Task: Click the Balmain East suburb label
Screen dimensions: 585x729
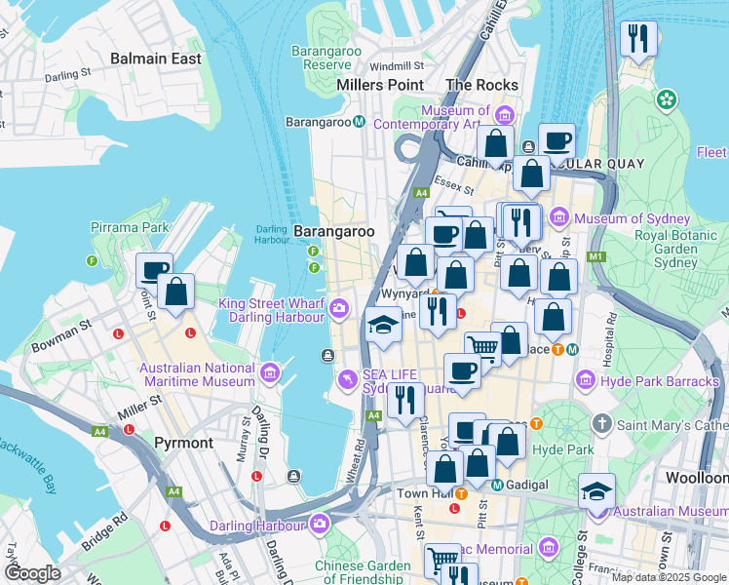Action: (156, 58)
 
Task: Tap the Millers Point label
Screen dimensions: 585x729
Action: (379, 85)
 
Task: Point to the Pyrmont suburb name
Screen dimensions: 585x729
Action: (183, 443)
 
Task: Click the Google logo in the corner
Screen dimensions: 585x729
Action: (32, 573)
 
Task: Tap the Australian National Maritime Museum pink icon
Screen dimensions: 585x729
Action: (270, 370)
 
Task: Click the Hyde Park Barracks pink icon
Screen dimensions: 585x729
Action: (586, 379)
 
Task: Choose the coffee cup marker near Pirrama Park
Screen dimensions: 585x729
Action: (154, 270)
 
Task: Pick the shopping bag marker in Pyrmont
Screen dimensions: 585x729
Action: (176, 291)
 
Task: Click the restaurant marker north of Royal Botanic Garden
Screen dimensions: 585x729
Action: (637, 39)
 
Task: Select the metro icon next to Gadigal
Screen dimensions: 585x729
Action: (497, 485)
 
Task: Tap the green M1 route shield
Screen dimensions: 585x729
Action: (595, 256)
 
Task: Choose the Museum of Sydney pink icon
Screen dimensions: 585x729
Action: (558, 217)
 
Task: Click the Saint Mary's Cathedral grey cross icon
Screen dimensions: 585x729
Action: (602, 423)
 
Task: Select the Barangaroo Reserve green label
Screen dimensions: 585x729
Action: (326, 57)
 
